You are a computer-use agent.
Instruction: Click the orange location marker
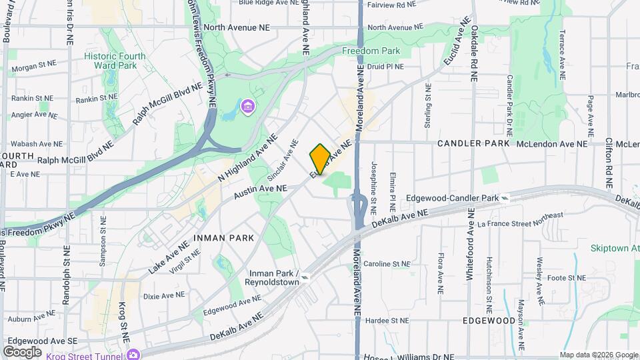pos(320,159)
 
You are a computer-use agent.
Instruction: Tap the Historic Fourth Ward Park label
pos(119,61)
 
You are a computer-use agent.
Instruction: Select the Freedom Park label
pos(371,51)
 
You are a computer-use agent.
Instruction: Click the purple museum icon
pos(247,107)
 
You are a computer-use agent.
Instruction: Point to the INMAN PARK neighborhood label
pos(223,237)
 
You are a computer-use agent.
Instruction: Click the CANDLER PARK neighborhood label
pos(473,143)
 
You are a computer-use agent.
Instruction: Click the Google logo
pos(22,351)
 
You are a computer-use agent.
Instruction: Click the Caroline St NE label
pos(390,264)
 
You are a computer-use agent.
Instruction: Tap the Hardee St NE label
pos(390,321)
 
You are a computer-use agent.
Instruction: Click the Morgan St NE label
pos(33,67)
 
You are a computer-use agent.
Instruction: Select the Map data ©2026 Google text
pos(597,355)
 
